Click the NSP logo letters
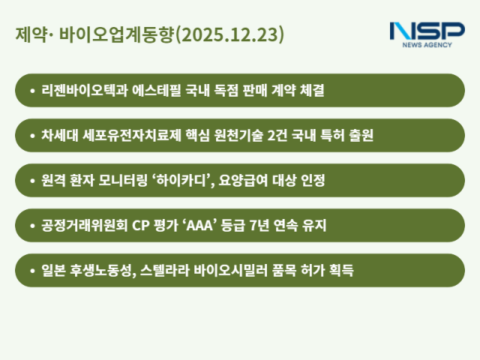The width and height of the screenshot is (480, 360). [427, 32]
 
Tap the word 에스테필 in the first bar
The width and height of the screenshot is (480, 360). [155, 91]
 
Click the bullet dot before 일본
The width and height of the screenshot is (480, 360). [31, 270]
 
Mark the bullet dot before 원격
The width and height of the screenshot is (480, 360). [31, 181]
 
